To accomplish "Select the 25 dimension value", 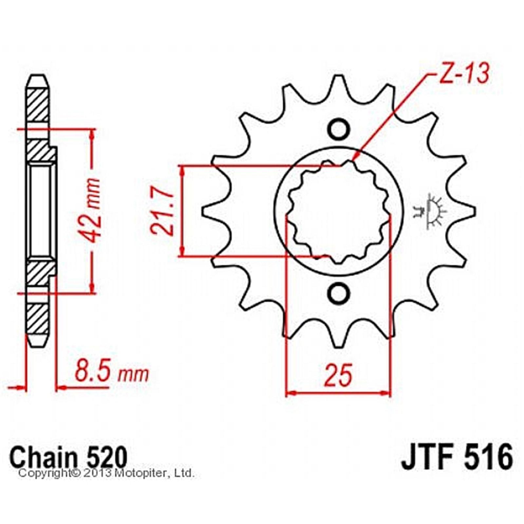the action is (339, 374).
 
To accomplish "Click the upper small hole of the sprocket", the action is (338, 130).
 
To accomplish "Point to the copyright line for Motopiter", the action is (107, 474).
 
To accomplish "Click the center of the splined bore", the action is (339, 211).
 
